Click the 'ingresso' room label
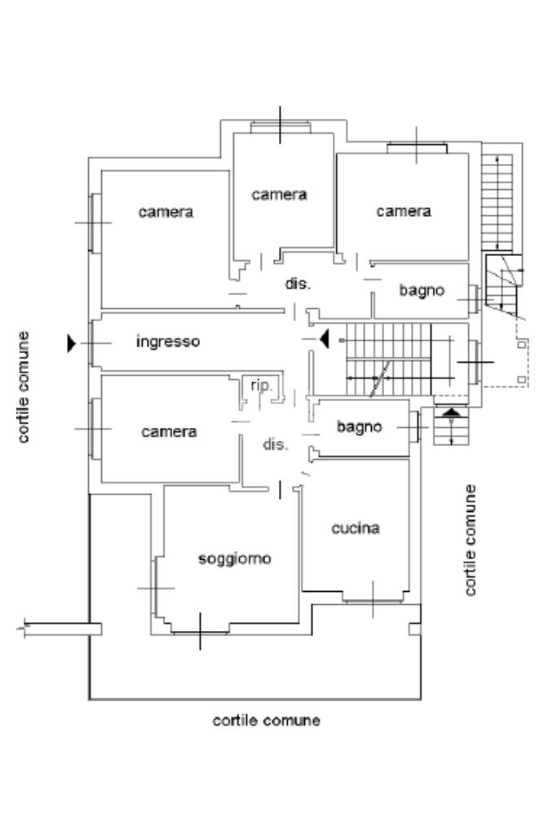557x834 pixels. point(168,342)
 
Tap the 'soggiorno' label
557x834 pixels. point(235,559)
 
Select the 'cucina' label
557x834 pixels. point(356,527)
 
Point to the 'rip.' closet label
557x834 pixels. point(261,385)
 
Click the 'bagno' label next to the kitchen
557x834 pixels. point(360,426)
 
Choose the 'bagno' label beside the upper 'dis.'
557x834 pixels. point(422,290)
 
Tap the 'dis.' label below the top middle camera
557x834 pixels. point(298,284)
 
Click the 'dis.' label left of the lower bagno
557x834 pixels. point(276,444)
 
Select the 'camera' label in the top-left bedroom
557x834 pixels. point(166,212)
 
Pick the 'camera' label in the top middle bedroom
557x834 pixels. point(279,195)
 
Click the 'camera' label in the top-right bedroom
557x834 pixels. point(404,212)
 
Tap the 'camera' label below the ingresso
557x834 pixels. point(169,431)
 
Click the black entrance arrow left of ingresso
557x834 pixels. point(72,343)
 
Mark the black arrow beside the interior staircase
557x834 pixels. point(325,338)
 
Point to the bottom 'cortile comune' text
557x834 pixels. point(267,721)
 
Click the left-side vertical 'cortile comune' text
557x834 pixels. point(24,386)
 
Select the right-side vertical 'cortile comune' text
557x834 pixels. point(471,540)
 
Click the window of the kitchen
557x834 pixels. point(373,601)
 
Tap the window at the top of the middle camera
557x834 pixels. point(281,127)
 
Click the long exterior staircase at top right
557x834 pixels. point(497,202)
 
